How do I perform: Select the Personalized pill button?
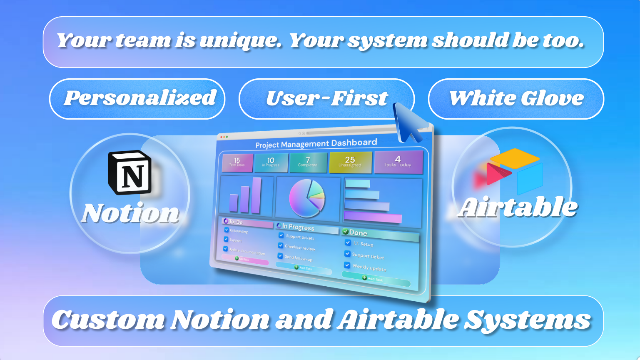pyautogui.click(x=137, y=99)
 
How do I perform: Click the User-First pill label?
pyautogui.click(x=327, y=99)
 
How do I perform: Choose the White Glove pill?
pyautogui.click(x=516, y=99)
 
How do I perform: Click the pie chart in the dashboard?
pyautogui.click(x=307, y=198)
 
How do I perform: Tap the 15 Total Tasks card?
pyautogui.click(x=237, y=162)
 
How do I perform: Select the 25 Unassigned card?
pyautogui.click(x=350, y=162)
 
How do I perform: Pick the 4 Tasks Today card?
pyautogui.click(x=398, y=161)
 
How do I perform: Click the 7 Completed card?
pyautogui.click(x=308, y=162)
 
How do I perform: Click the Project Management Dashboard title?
pyautogui.click(x=316, y=144)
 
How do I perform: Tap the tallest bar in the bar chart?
pyautogui.click(x=256, y=195)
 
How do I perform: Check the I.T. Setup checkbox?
pyautogui.click(x=348, y=242)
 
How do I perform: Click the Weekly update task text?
pyautogui.click(x=369, y=267)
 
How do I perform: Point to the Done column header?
pyautogui.click(x=358, y=232)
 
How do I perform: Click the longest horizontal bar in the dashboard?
pyautogui.click(x=373, y=217)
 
